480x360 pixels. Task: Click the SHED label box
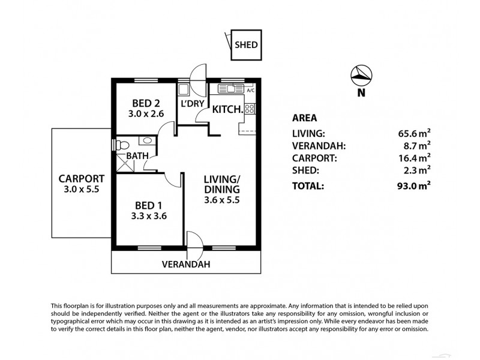(245, 44)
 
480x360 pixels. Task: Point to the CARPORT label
(81, 178)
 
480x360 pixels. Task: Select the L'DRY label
(191, 104)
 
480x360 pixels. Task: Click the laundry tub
(184, 90)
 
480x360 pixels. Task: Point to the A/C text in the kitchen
(250, 90)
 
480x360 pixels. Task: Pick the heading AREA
(304, 118)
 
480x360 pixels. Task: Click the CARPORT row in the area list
(314, 158)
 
